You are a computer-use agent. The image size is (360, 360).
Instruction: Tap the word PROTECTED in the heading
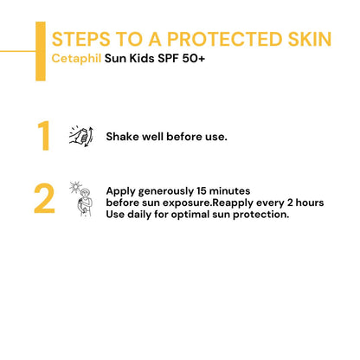(208, 39)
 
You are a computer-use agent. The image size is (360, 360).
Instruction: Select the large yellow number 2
(44, 198)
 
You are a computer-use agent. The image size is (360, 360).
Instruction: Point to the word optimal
(201, 214)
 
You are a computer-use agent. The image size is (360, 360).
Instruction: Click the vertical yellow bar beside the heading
(40, 50)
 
